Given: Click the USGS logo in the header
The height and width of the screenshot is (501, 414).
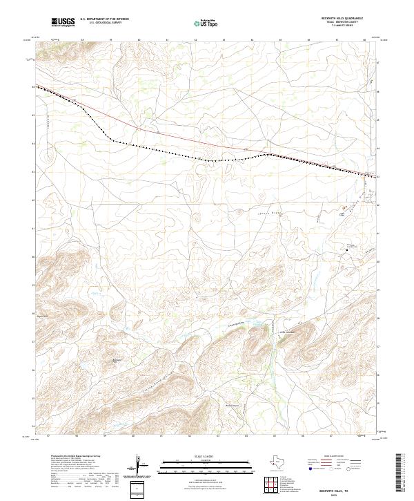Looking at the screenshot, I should (x=63, y=23).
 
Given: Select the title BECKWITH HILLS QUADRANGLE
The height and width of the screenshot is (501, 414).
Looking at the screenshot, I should (x=349, y=19).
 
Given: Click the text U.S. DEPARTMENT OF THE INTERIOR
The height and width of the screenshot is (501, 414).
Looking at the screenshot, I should (x=104, y=19).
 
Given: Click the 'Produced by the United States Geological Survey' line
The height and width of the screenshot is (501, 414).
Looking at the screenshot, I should (x=77, y=457).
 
